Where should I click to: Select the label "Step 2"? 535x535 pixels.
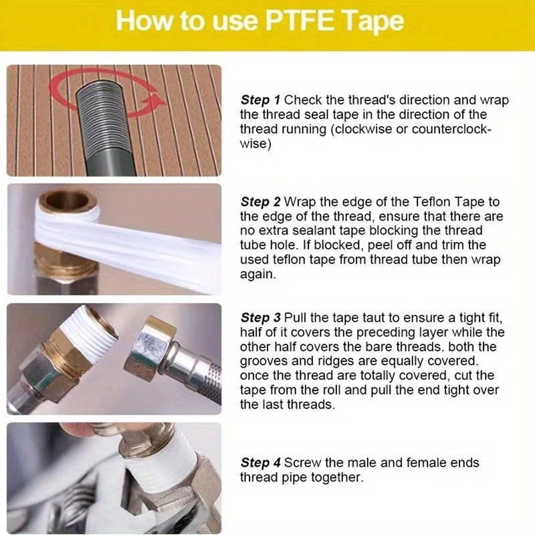[x=260, y=202]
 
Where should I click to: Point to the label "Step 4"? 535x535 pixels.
[x=260, y=463]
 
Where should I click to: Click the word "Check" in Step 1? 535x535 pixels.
[x=302, y=100]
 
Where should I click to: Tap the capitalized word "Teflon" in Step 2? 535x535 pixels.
[x=421, y=202]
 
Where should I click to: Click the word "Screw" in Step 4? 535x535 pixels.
[x=301, y=463]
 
